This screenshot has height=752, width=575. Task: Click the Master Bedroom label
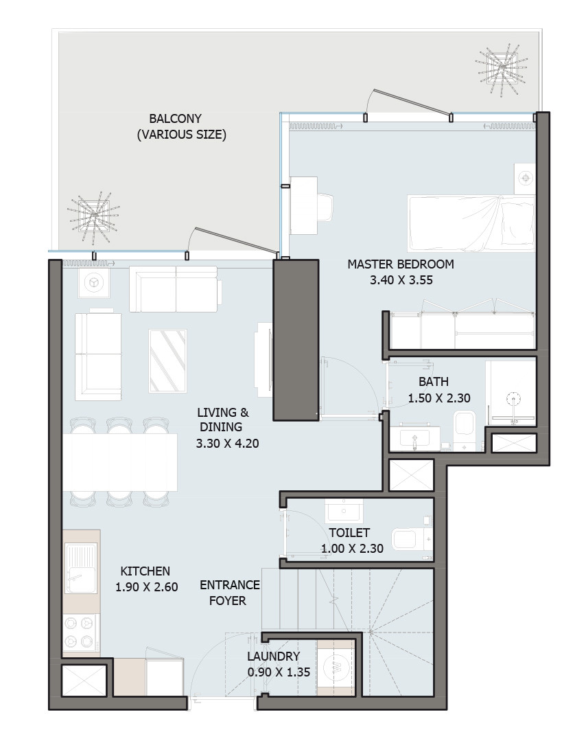pos(401,264)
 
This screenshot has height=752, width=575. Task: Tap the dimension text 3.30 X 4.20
pos(227,444)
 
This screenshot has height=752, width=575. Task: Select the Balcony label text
pos(176,118)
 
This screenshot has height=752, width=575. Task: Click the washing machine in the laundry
pos(336,667)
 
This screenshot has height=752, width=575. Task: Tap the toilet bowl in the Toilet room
pos(412,540)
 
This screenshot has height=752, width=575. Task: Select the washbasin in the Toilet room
pos(344,511)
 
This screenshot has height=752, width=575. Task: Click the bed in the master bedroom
pos(471,223)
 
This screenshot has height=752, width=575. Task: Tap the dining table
pos(120,462)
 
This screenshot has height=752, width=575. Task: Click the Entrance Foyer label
pos(229,593)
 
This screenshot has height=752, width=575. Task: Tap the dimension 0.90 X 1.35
pos(279,672)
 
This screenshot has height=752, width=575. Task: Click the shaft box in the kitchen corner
pos(84,681)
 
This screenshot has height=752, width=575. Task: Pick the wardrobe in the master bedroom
pos(463,330)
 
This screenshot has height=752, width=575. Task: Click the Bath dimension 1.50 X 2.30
pos(439,398)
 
